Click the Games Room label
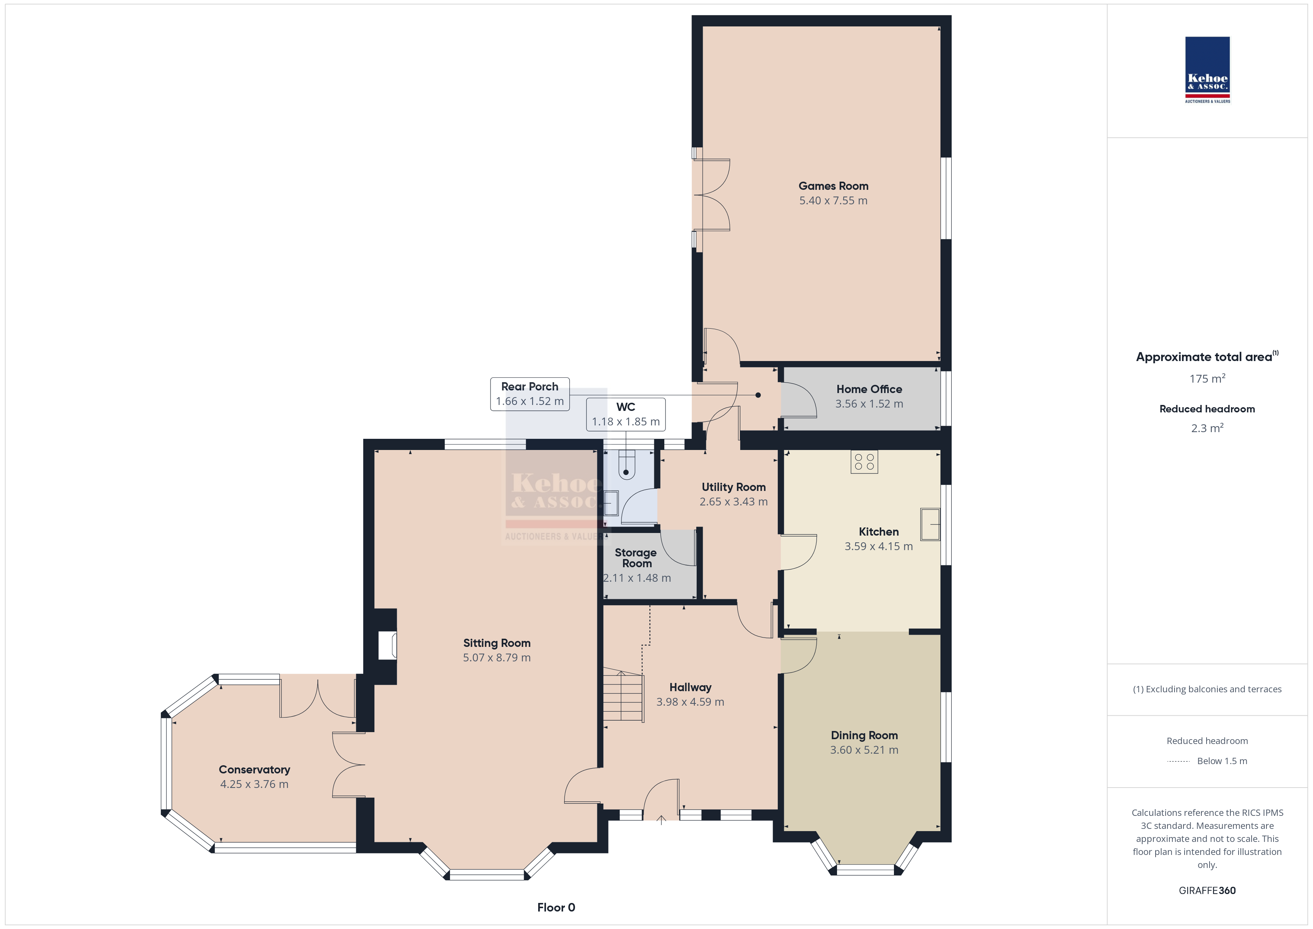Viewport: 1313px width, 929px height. tap(833, 186)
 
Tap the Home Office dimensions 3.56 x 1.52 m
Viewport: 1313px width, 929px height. tap(869, 404)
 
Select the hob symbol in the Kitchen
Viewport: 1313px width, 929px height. tap(864, 462)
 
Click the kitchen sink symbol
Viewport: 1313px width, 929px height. tap(930, 524)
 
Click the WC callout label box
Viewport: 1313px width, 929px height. tap(626, 414)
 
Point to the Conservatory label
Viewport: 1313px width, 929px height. tap(255, 769)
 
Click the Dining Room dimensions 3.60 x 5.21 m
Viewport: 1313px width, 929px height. tap(864, 750)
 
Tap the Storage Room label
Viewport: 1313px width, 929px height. tap(636, 558)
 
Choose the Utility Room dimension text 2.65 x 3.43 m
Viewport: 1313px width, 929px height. tap(734, 502)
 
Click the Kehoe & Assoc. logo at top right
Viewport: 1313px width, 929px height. tap(1207, 70)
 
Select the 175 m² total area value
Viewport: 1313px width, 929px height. tap(1207, 379)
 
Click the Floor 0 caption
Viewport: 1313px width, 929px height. tap(556, 907)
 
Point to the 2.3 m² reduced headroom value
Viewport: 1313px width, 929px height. tap(1207, 428)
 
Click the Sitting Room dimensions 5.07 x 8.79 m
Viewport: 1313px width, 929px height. tap(497, 658)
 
